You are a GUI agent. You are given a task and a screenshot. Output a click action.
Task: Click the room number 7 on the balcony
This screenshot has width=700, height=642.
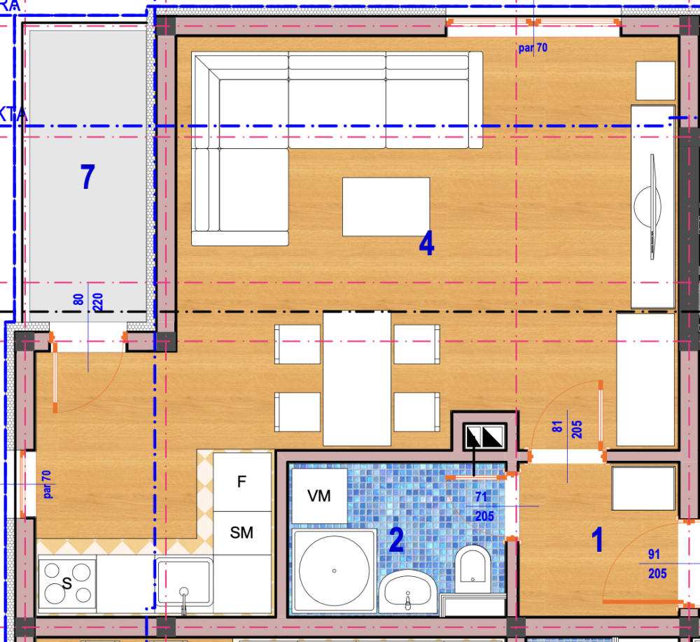pos(87,178)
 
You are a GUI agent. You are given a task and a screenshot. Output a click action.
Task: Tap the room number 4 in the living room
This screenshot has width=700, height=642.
pos(426,243)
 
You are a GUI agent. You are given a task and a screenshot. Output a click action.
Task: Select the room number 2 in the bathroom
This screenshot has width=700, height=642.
pos(396,540)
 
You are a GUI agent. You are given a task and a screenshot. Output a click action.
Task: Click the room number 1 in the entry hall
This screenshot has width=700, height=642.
pos(597,540)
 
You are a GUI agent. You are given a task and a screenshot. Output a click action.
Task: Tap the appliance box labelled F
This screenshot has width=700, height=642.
pos(242,482)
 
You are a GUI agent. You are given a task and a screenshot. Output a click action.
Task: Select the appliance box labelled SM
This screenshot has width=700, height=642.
pos(242,533)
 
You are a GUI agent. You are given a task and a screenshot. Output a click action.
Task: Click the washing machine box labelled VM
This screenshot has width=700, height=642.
pos(319,496)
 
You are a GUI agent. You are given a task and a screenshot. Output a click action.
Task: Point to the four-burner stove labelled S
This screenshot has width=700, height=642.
pos(68,582)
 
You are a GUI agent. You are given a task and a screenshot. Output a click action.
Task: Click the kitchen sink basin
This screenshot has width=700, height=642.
pos(183,581)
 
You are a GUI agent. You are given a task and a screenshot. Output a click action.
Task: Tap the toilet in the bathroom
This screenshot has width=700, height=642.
pos(474,565)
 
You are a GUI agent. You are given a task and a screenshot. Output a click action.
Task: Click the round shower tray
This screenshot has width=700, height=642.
pos(334,571)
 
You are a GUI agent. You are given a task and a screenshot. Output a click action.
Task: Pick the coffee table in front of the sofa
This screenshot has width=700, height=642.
pos(386,206)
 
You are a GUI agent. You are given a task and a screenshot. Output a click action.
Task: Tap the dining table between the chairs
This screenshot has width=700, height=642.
pos(356,378)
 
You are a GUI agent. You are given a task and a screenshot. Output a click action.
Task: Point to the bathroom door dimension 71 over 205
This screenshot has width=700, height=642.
pos(484,506)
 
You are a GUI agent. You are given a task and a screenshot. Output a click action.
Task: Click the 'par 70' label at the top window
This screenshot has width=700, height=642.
pos(533,48)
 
